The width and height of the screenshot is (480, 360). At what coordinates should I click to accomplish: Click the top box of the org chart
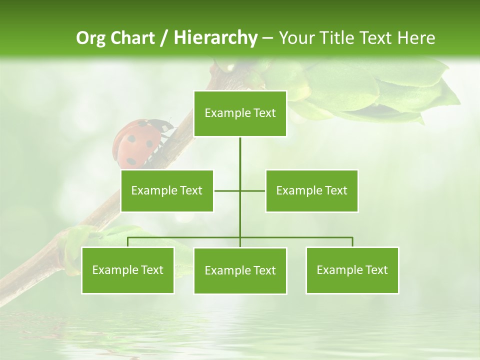240,113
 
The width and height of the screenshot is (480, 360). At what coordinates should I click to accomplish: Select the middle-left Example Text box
167,191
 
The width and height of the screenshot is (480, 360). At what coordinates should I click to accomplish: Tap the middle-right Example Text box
311,191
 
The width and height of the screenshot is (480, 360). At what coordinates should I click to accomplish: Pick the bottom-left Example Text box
128,270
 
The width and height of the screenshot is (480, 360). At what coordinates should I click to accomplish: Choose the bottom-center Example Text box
240,271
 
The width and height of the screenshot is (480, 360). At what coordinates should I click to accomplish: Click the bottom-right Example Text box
352,270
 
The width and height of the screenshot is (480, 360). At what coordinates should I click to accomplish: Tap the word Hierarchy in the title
215,38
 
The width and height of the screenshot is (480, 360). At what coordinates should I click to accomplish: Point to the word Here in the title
416,38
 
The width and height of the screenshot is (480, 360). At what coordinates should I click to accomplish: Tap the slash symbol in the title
164,38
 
